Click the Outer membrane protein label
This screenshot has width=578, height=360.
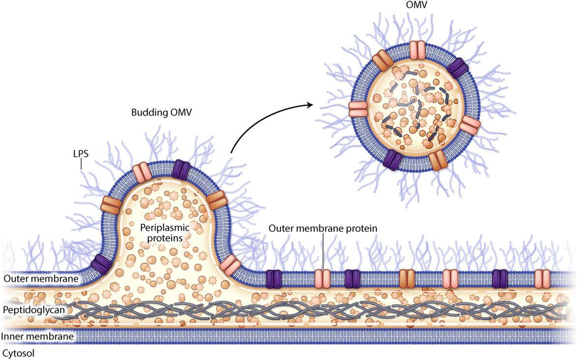tap(323, 229)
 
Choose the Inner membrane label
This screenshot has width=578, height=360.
tap(37, 337)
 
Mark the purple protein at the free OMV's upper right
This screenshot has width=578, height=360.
tap(457, 68)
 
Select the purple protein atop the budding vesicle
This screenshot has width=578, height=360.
tap(180, 168)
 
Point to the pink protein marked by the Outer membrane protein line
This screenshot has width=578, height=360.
tap(323, 278)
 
